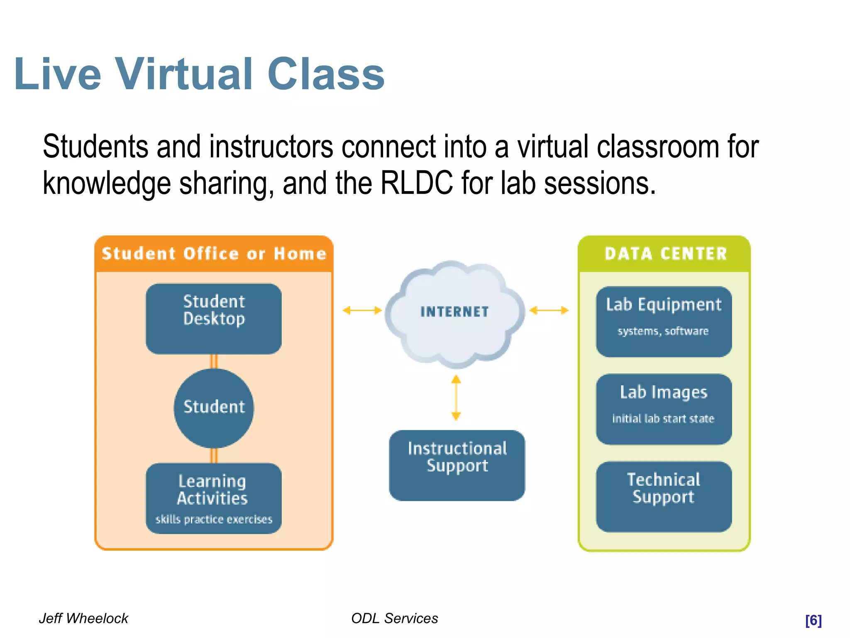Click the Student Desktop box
(214, 319)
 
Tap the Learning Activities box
(214, 498)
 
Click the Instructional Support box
(457, 465)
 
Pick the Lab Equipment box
(664, 321)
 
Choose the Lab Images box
(664, 409)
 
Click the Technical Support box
(664, 496)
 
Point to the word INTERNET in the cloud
(454, 312)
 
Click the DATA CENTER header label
(666, 254)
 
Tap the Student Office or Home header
(214, 254)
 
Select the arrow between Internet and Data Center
(549, 310)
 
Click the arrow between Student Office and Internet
(362, 310)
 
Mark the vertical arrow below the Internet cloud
(456, 398)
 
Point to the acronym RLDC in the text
(416, 183)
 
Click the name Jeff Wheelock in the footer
(83, 618)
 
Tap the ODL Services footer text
(394, 618)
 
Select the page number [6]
(813, 620)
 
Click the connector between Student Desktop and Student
(214, 361)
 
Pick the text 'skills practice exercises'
(214, 519)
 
